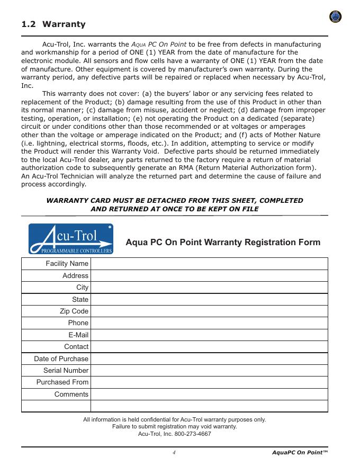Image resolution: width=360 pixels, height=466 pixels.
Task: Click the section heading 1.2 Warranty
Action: click(x=53, y=24)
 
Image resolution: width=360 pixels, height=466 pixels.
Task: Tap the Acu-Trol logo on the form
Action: click(x=70, y=239)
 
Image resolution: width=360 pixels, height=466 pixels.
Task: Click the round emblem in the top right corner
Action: click(x=335, y=17)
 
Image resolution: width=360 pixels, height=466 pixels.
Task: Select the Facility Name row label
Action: click(x=67, y=264)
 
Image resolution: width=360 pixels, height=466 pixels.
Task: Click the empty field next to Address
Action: click(x=209, y=275)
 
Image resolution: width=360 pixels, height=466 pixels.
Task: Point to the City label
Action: click(x=82, y=287)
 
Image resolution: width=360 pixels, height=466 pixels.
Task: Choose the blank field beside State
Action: click(x=209, y=299)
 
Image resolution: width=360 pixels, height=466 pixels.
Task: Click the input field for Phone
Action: click(x=209, y=322)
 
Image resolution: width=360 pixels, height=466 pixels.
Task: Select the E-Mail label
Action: click(x=78, y=335)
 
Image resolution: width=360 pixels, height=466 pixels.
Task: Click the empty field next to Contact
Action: click(x=209, y=346)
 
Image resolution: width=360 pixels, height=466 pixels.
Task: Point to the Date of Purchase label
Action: click(x=61, y=359)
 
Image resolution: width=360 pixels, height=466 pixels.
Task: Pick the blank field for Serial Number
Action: click(x=209, y=370)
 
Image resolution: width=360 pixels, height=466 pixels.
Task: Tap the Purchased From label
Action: click(x=62, y=382)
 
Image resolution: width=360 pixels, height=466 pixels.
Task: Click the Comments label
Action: click(x=71, y=394)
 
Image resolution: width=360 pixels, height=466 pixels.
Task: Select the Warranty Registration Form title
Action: click(x=223, y=243)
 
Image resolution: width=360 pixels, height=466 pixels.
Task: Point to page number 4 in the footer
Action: click(x=174, y=452)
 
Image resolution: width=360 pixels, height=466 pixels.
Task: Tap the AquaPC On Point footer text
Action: click(x=300, y=452)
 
